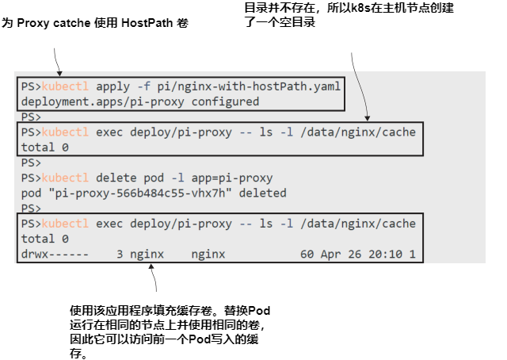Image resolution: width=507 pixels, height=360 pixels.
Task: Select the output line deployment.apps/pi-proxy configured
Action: pos(139,101)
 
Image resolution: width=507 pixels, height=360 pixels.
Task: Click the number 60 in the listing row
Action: pos(307,254)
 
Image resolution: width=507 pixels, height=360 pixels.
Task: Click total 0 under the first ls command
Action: pos(44,147)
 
